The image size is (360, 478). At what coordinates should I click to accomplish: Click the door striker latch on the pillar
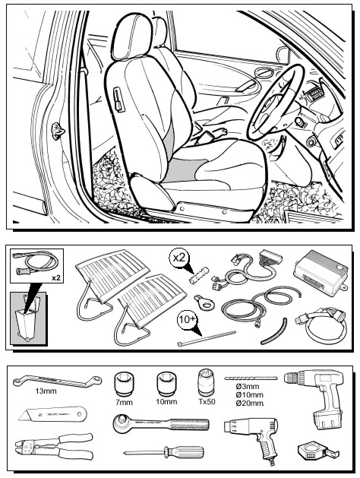coord(58,131)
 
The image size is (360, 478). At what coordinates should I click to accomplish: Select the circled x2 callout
coord(178,258)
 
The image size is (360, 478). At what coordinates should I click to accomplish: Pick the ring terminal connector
coord(204,302)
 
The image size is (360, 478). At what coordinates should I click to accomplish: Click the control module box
coord(321,272)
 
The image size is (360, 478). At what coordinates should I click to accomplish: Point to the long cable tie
coord(207,338)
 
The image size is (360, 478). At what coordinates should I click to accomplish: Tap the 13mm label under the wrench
coord(46,391)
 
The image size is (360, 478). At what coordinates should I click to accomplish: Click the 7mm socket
coord(124,384)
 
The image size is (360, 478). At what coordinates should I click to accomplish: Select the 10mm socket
coord(166,384)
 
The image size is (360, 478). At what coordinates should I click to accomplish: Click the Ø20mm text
coord(249,403)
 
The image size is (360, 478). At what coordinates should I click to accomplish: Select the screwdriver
coord(163,452)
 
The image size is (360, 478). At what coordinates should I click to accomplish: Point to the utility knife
coord(52,414)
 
